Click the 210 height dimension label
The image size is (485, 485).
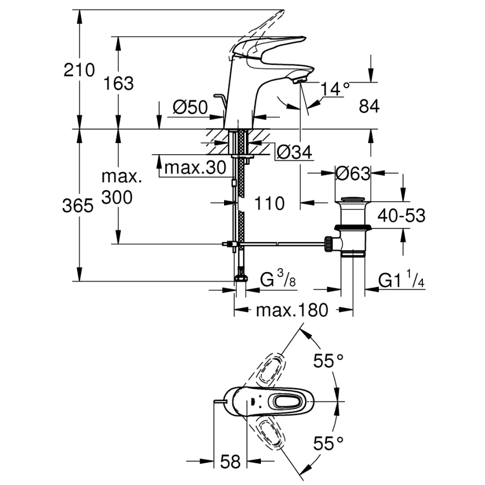pos(79,70)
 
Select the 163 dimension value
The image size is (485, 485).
pos(118,83)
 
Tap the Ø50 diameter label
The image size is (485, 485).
pos(190,107)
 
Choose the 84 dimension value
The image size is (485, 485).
pos(369,106)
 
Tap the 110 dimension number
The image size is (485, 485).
pos(270,203)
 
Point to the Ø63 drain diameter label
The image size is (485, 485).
pos(353,174)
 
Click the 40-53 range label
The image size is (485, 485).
pos(400,215)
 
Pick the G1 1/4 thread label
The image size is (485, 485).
pos(402,280)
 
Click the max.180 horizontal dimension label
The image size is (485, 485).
pos(292,310)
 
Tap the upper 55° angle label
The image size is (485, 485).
pos(328,362)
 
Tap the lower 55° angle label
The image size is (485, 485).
pos(328,444)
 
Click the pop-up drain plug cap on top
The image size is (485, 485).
pos(353,199)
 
